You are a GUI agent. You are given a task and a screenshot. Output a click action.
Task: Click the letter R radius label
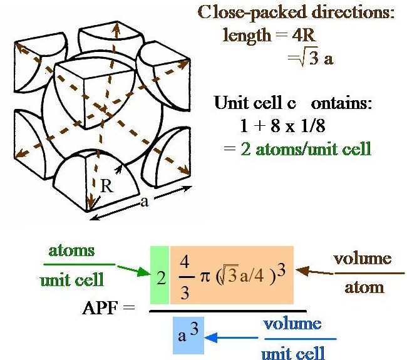[106, 186]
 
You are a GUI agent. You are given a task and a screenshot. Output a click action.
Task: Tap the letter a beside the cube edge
[145, 202]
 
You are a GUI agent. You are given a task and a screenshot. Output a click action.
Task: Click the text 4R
[304, 35]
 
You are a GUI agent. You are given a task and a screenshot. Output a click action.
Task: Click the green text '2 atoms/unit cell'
[306, 149]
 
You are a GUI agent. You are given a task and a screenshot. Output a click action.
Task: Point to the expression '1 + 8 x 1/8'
[282, 126]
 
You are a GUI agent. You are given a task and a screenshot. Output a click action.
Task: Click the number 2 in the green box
[161, 278]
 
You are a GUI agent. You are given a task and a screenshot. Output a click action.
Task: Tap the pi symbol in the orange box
[205, 277]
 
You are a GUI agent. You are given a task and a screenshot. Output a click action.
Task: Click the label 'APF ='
[108, 308]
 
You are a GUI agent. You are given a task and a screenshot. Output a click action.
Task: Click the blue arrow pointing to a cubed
[231, 338]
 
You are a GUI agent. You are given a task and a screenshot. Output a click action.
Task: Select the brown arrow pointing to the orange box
[315, 272]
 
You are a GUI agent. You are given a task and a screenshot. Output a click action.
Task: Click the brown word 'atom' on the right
[364, 288]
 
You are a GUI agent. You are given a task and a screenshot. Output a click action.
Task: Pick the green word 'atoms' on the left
[71, 250]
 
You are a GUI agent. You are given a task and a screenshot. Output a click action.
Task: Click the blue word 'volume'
[292, 324]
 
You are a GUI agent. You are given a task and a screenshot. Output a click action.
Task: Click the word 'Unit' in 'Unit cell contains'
[232, 102]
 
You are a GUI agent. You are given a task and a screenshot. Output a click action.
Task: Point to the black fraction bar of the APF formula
[228, 311]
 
